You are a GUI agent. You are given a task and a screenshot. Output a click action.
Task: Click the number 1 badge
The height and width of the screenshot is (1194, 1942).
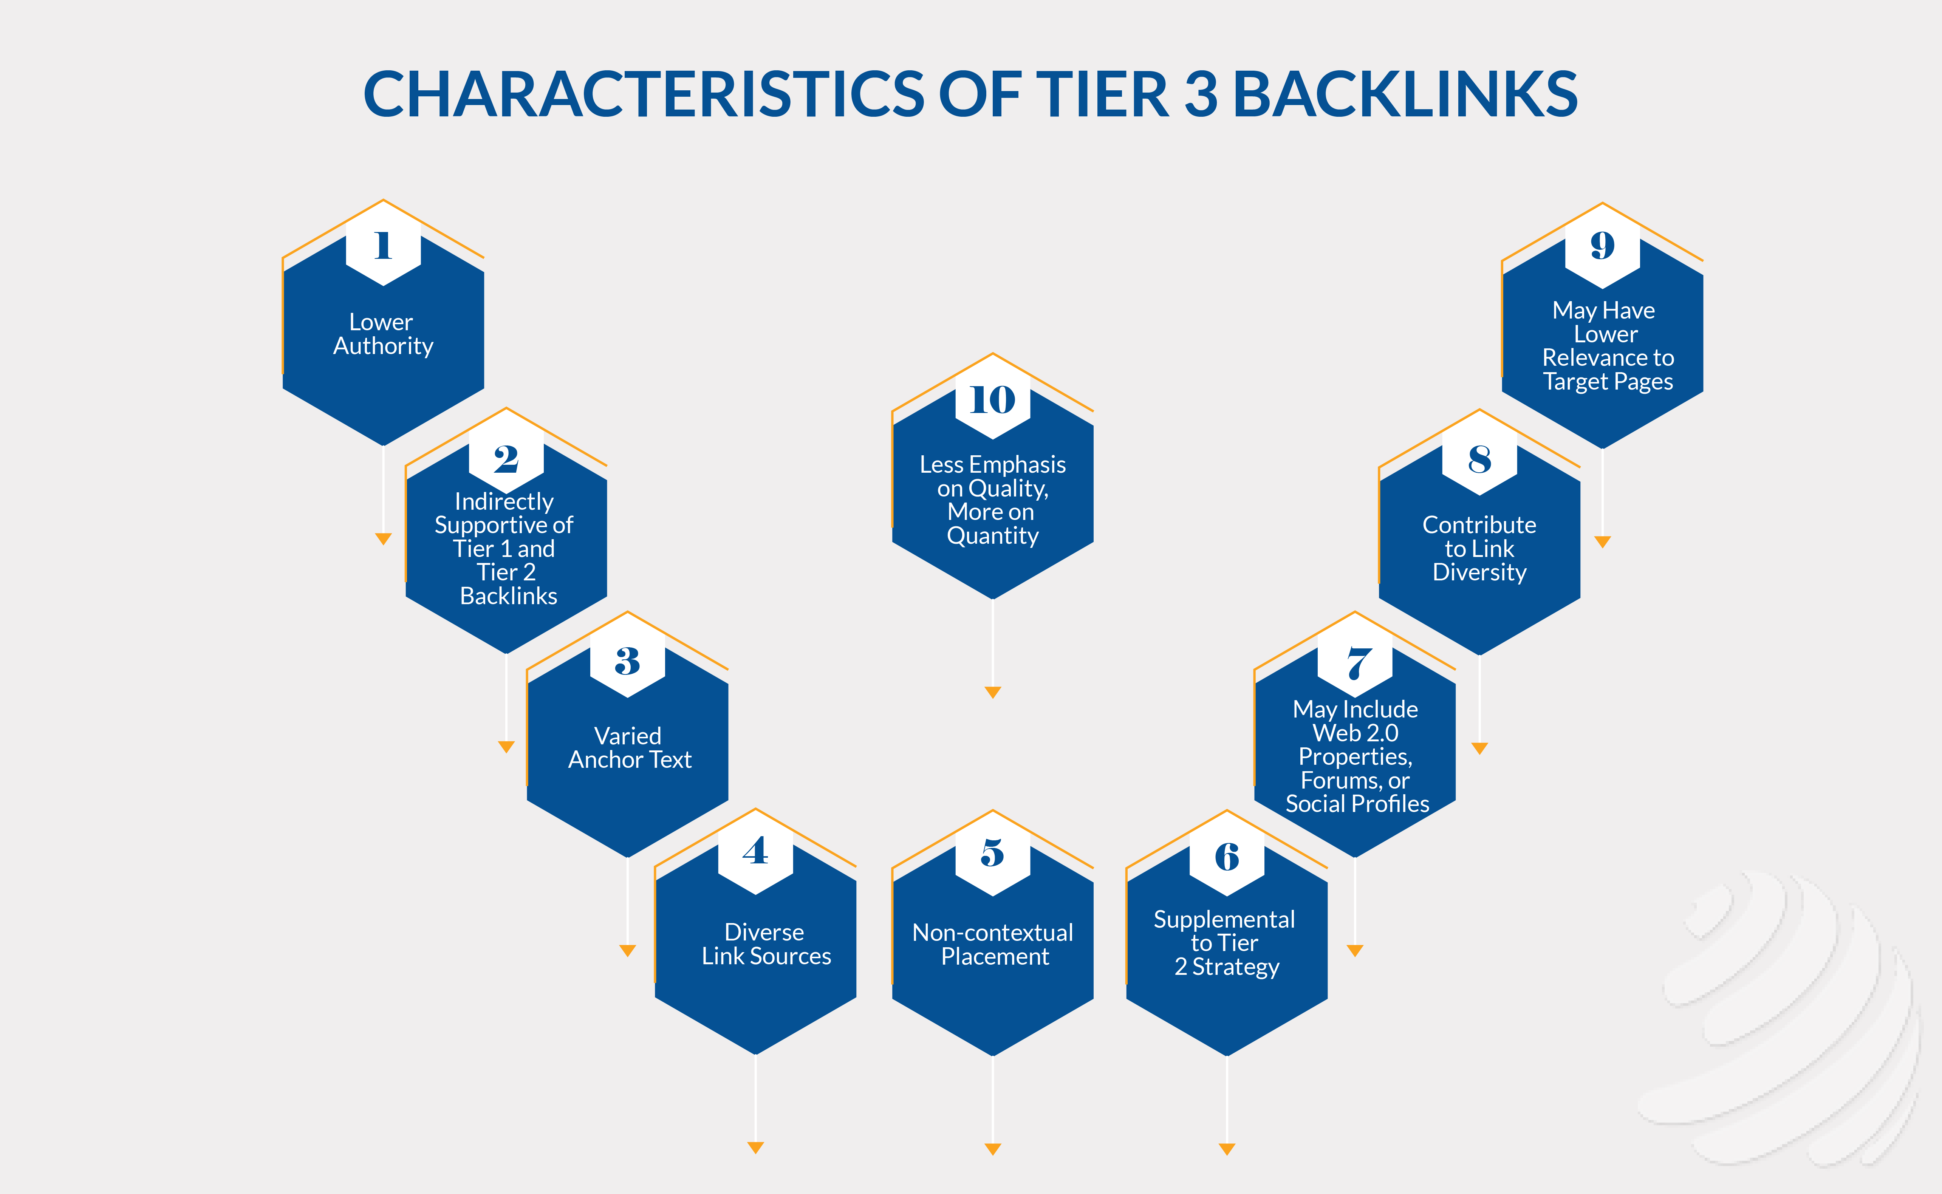click(383, 246)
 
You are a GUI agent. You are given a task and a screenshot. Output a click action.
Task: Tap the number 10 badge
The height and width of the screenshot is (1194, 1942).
click(993, 400)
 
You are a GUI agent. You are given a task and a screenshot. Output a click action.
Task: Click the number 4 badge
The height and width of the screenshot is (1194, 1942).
click(756, 851)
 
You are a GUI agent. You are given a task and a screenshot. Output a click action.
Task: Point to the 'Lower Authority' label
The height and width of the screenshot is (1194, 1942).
click(383, 334)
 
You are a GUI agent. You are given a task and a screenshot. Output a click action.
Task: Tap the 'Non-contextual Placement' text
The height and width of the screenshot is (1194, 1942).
click(993, 945)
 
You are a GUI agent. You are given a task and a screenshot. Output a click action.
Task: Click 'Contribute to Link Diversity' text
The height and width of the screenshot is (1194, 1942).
click(1479, 548)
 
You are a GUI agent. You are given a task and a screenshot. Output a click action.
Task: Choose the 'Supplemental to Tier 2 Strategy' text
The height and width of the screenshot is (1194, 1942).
click(1225, 943)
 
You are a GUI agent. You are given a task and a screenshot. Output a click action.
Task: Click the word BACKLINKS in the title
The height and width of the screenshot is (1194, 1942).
click(1405, 94)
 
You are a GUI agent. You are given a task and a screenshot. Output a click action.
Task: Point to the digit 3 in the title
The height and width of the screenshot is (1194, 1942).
click(1201, 94)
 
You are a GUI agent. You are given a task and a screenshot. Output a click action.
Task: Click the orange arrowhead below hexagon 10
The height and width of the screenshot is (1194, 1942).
click(993, 693)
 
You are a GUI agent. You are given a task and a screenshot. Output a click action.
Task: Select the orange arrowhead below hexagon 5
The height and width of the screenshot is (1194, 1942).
click(993, 1149)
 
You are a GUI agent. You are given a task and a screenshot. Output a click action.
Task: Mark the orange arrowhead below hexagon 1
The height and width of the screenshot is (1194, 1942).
click(383, 539)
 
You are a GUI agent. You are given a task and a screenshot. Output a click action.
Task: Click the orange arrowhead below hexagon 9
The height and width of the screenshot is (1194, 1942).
click(1602, 542)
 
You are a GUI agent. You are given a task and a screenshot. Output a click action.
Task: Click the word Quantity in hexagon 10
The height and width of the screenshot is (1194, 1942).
click(993, 536)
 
